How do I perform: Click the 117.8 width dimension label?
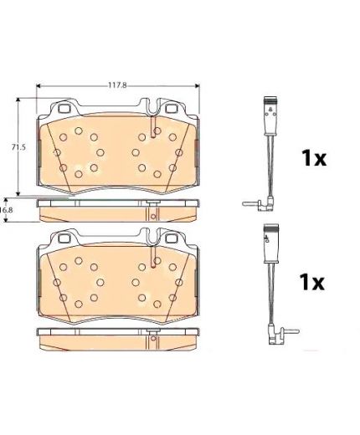tap(117, 85)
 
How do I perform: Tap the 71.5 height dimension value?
tap(18, 147)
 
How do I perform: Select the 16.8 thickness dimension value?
tap(6, 210)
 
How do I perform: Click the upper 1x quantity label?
tap(314, 158)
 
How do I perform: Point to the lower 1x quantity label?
tap(311, 282)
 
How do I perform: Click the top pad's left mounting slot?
tap(65, 108)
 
